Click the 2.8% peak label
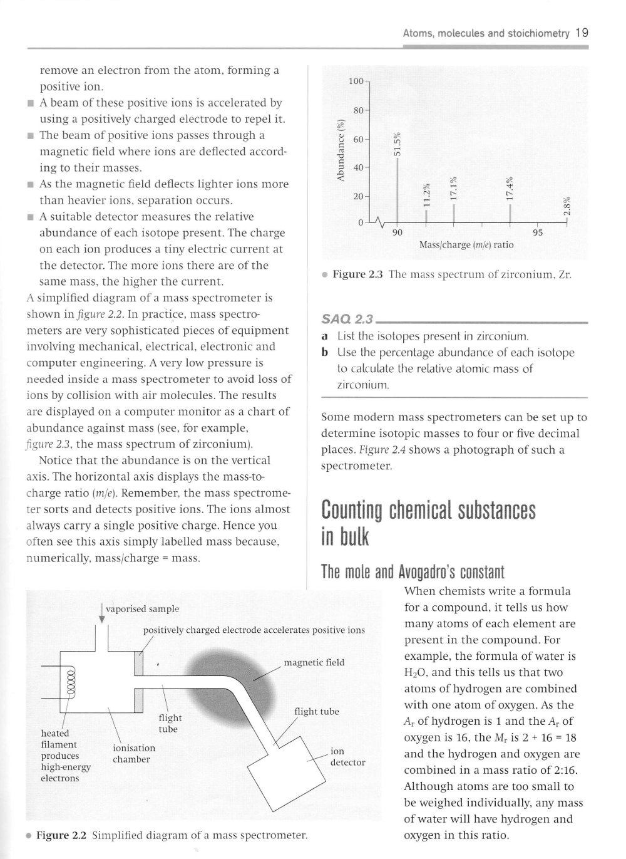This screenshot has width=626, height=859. [566, 206]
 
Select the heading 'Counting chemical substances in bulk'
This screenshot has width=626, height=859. [428, 524]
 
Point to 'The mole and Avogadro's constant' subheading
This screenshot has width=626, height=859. [412, 572]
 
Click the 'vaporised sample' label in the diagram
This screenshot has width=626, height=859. [142, 608]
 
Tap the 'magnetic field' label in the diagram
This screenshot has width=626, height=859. [314, 662]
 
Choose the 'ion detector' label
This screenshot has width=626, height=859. [347, 756]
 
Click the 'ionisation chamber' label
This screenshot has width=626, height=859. [133, 753]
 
